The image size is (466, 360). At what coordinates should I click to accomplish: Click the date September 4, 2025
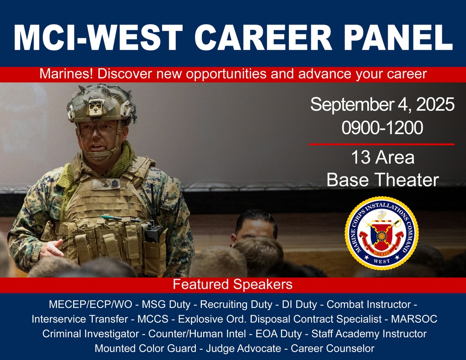(x=382, y=105)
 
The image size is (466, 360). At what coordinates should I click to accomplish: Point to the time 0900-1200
(x=382, y=127)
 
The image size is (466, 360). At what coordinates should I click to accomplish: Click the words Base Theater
(x=383, y=179)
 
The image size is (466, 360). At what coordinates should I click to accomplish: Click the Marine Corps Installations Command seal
(x=381, y=233)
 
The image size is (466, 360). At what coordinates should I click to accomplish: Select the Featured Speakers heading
(x=233, y=284)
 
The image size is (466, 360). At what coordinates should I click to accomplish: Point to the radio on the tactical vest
(x=153, y=228)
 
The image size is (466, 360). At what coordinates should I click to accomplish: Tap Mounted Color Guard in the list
(x=146, y=348)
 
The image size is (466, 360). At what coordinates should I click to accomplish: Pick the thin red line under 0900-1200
(x=381, y=144)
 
